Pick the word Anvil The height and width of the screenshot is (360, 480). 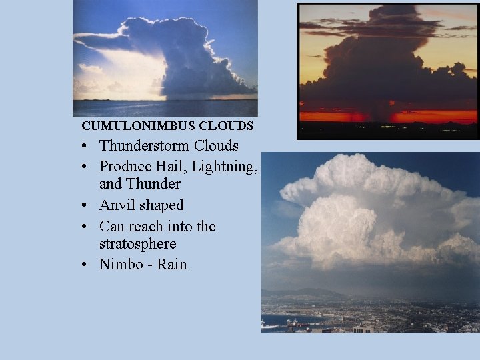[x=119, y=205]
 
